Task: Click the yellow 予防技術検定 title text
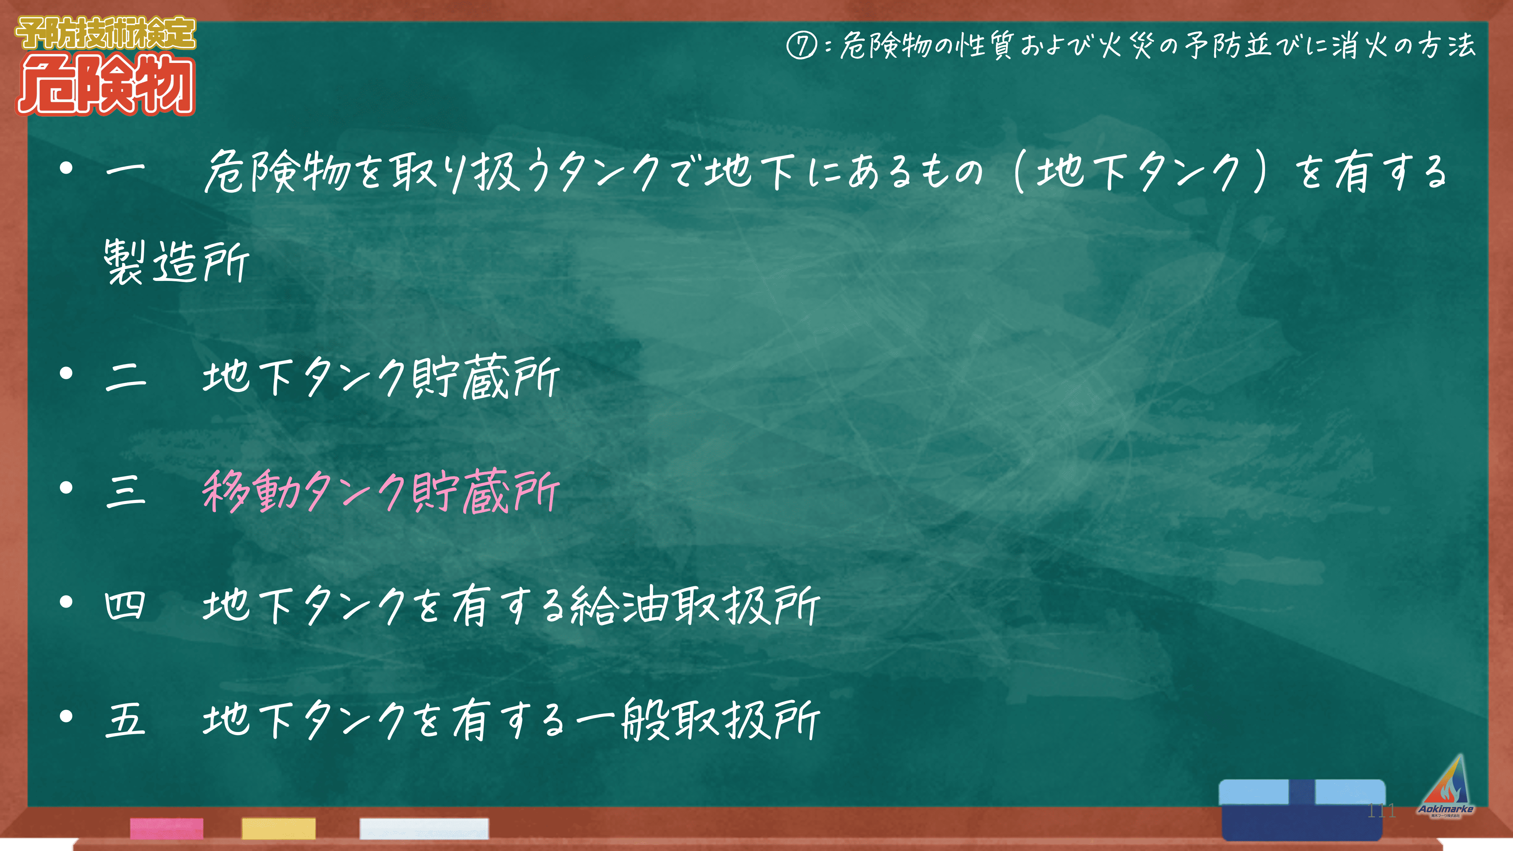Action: tap(106, 33)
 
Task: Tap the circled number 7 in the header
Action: tap(801, 46)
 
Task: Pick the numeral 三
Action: tap(125, 490)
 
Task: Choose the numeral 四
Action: tap(124, 605)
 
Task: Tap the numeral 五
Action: tap(125, 719)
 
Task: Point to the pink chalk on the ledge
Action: tap(167, 828)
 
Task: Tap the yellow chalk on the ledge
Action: tap(279, 828)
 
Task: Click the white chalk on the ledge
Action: tap(424, 828)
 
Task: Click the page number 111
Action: tap(1381, 811)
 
